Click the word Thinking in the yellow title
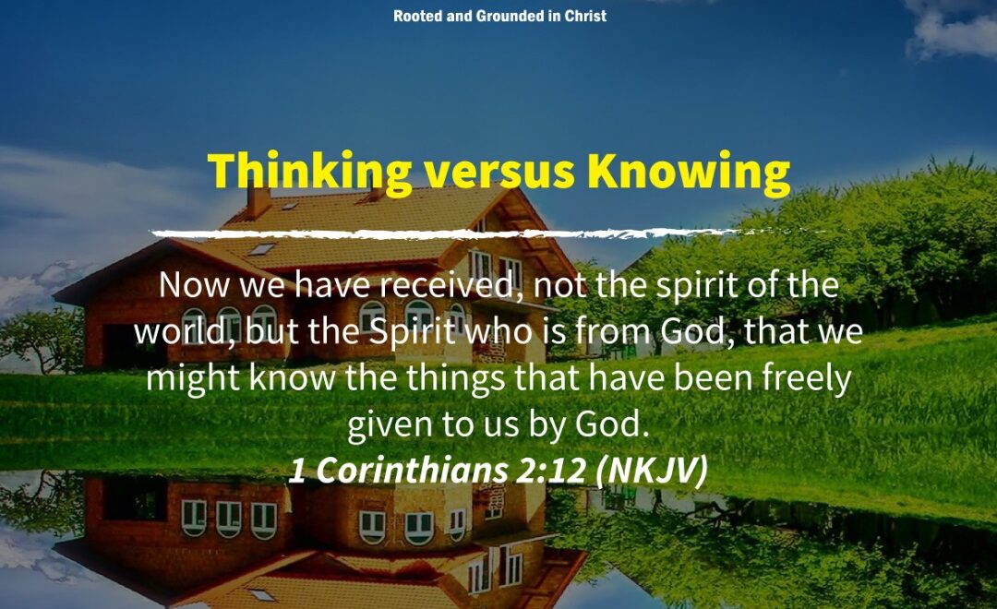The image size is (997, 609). [x=309, y=172]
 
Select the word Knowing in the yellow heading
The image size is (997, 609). [x=689, y=173]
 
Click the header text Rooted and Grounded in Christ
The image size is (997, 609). [x=499, y=16]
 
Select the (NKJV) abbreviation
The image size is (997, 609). [x=653, y=471]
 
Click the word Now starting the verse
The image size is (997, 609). [x=193, y=285]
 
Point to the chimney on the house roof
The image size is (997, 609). [x=258, y=202]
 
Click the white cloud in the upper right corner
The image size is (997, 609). [x=953, y=29]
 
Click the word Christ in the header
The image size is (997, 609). [x=585, y=16]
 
